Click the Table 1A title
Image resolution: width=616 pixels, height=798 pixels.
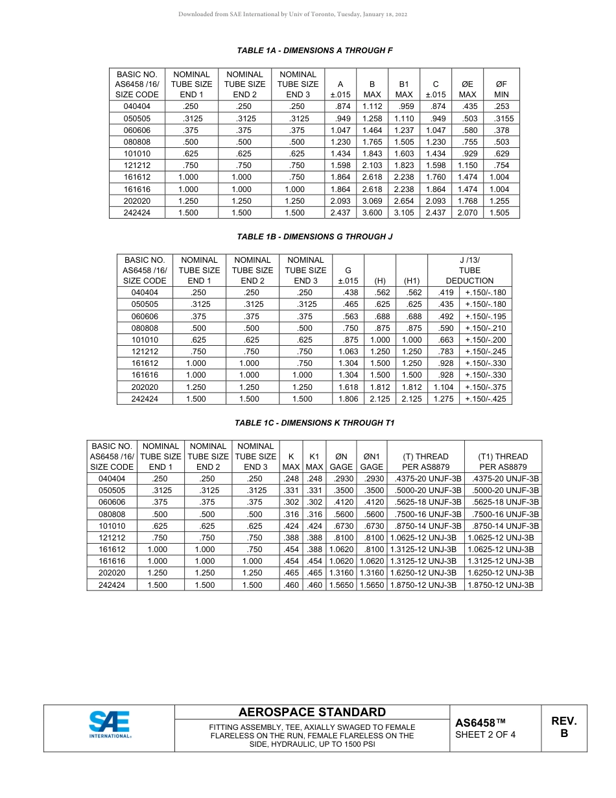coord(314,51)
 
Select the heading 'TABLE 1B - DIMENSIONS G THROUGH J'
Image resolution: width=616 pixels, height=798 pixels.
coord(314,237)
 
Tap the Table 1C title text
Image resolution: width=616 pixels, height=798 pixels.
coord(314,423)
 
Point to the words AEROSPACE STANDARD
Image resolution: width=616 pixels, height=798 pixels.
coord(312,712)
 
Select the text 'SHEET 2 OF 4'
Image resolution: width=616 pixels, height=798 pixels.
coord(486,735)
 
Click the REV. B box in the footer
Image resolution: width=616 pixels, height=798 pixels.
coord(563,728)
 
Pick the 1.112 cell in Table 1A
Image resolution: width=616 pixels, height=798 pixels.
coord(372,106)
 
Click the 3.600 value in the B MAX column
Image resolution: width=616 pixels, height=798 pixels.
coord(372,213)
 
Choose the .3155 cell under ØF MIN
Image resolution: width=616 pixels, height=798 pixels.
coord(501,119)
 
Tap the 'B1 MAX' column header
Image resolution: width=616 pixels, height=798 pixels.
coord(404,89)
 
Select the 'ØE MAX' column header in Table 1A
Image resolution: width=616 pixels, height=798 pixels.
coord(467,89)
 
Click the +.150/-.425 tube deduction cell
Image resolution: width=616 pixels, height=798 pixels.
coord(486,399)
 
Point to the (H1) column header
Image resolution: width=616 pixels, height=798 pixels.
coord(412,281)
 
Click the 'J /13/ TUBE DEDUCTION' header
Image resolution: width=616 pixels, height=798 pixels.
coord(469,271)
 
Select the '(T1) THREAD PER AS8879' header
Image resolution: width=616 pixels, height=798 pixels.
coord(503,461)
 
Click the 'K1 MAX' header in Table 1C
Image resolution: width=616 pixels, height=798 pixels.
coord(314,461)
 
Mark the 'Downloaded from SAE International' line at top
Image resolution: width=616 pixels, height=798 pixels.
coord(293,14)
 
